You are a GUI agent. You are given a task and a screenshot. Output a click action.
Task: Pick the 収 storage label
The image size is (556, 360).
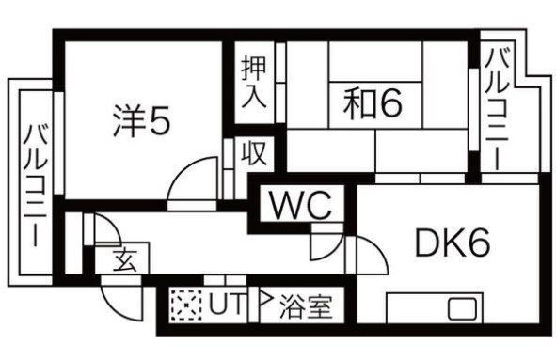click(x=252, y=151)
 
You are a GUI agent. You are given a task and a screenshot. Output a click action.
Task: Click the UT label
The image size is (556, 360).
click(x=221, y=305)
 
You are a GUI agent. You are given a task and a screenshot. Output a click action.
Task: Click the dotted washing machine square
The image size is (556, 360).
click(x=186, y=305)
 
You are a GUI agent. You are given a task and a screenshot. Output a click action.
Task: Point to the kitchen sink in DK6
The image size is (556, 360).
click(x=462, y=309)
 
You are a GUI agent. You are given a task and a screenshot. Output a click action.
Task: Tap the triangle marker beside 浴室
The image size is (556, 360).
click(x=264, y=304)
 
